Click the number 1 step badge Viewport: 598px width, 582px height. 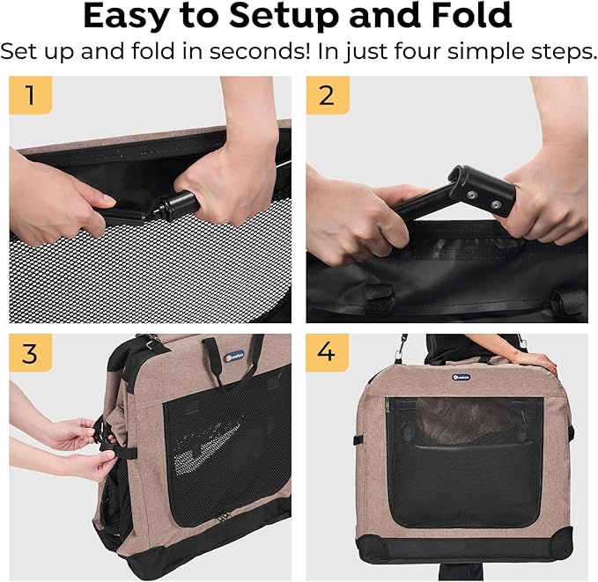pos(31,95)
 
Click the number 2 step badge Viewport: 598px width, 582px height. pos(328,95)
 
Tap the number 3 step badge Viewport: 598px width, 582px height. pos(31,353)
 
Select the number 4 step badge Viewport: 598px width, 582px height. pos(328,353)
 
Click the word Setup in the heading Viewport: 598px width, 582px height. pos(284,17)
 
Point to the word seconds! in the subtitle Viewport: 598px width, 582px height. pos(259,51)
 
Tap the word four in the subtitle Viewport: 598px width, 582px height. pos(418,51)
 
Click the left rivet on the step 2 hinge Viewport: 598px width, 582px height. pos(471,195)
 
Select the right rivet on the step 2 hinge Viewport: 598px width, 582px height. pos(496,205)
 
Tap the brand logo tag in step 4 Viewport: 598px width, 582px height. pos(461,377)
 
